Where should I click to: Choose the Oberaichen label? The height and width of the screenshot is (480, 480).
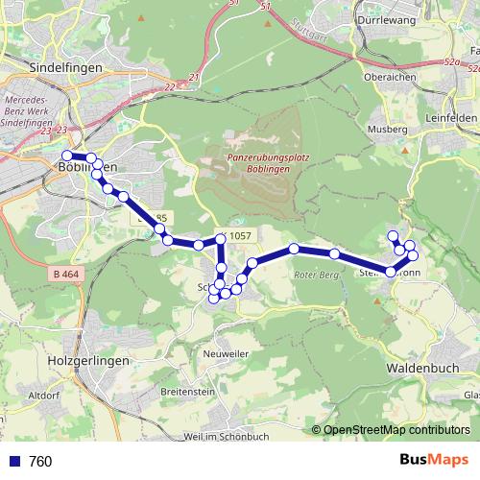pyautogui.click(x=389, y=79)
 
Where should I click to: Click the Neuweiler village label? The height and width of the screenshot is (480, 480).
pyautogui.click(x=227, y=352)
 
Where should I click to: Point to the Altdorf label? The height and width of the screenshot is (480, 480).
pyautogui.click(x=45, y=395)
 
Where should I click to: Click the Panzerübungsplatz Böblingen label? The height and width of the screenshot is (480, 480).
pyautogui.click(x=261, y=161)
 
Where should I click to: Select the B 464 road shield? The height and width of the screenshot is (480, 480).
pyautogui.click(x=67, y=276)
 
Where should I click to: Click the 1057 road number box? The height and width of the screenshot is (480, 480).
pyautogui.click(x=240, y=236)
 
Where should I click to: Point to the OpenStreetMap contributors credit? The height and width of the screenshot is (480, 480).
pyautogui.click(x=397, y=429)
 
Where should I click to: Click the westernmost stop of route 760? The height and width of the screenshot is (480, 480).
pyautogui.click(x=66, y=156)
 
